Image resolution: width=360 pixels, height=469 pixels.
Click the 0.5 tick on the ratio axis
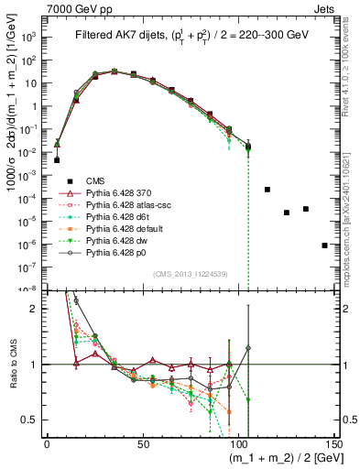(x=29, y=420)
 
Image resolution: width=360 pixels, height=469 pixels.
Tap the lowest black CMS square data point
(x=325, y=245)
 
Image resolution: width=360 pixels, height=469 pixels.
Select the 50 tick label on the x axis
(x=144, y=443)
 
